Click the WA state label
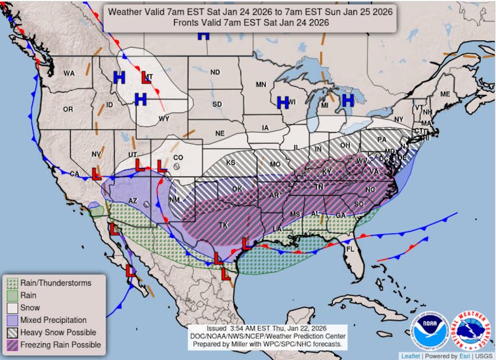(x=69, y=73)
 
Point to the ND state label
(x=215, y=72)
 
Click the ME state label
(x=445, y=94)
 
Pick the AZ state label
(x=132, y=201)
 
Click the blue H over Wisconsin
(x=283, y=103)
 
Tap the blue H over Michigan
(x=348, y=100)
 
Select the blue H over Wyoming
(x=141, y=99)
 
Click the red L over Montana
(x=146, y=77)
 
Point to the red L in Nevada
(x=97, y=174)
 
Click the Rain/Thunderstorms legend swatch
(x=12, y=283)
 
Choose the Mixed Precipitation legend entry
(x=53, y=320)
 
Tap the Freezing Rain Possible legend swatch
(x=12, y=345)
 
